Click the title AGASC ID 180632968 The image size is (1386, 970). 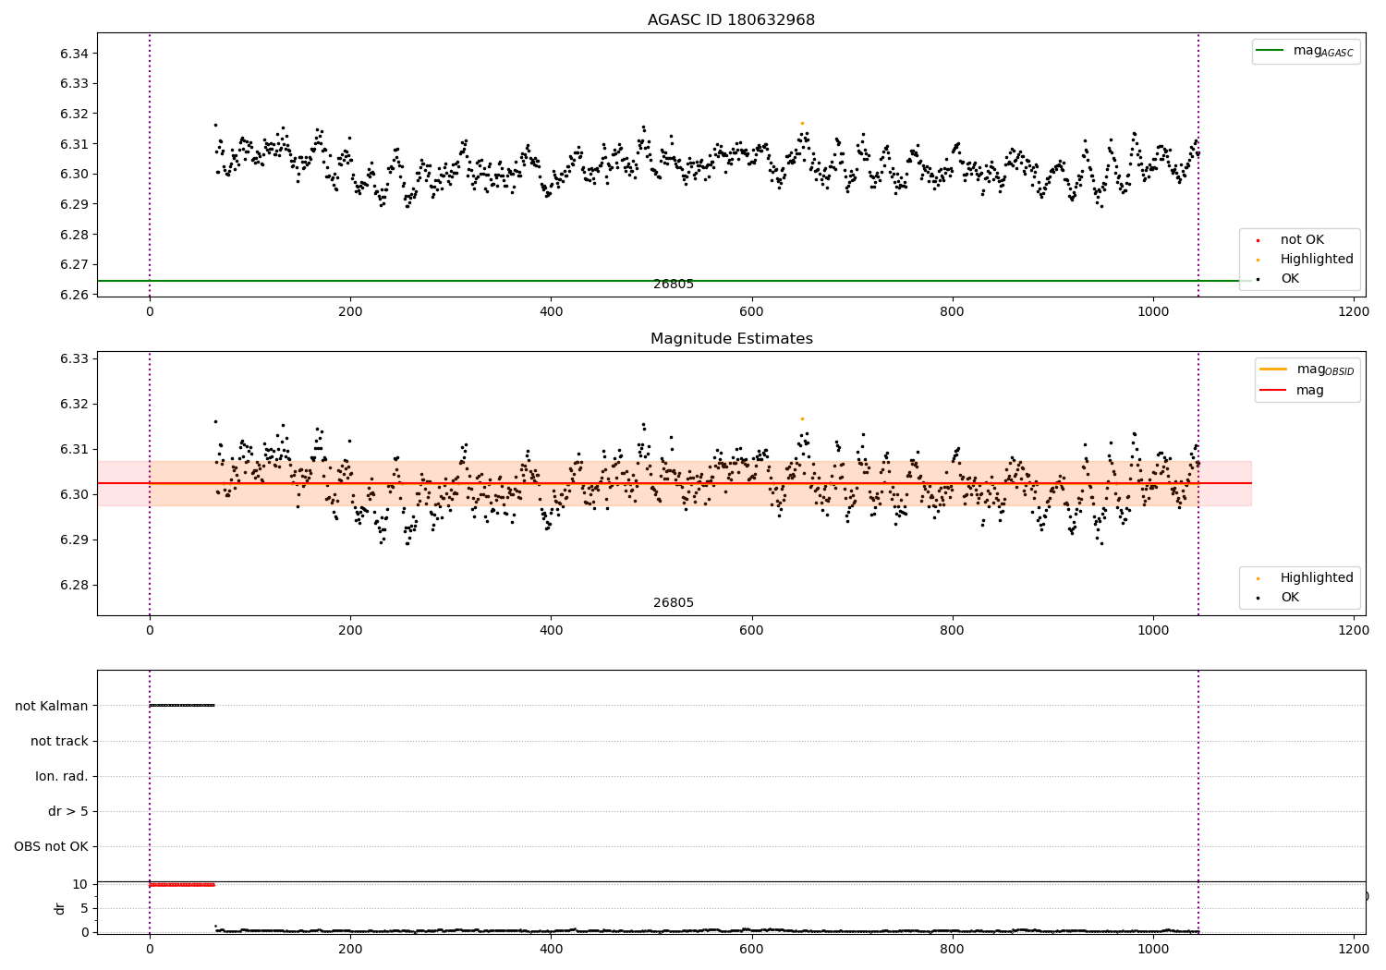(x=731, y=20)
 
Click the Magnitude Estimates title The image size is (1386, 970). (x=731, y=339)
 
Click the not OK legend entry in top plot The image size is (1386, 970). (x=1302, y=240)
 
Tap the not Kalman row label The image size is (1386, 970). (x=51, y=706)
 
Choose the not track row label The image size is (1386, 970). (x=59, y=741)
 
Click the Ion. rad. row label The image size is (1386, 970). (x=61, y=776)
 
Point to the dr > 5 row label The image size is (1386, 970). (x=67, y=811)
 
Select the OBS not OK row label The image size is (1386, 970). (x=51, y=846)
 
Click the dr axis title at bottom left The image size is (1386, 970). (x=60, y=908)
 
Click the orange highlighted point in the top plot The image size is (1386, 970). (x=802, y=123)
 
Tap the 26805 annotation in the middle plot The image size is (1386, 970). (x=674, y=603)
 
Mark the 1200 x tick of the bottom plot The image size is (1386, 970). (x=1353, y=948)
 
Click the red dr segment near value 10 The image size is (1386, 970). (x=182, y=885)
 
